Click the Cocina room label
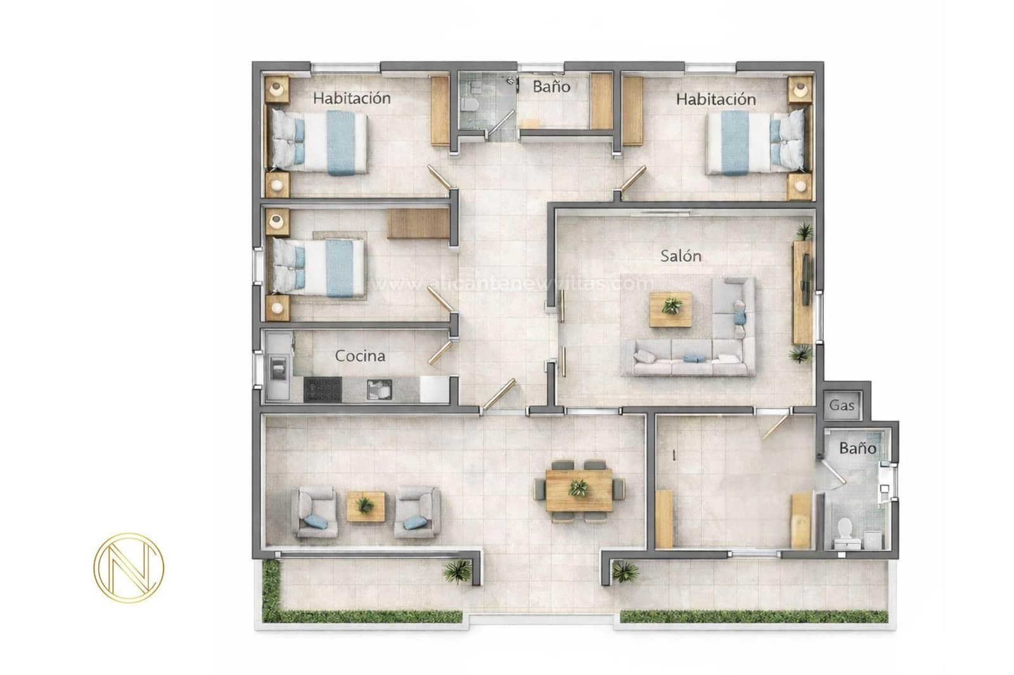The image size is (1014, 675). point(360,356)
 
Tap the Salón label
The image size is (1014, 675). point(681,256)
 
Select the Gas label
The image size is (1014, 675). point(842,405)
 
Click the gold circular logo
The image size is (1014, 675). point(129,565)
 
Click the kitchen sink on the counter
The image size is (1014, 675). point(379,389)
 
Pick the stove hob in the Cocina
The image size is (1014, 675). point(323,389)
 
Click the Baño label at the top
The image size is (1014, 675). point(551,87)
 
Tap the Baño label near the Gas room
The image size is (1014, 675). point(857,448)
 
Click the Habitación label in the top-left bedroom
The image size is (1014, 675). point(352,98)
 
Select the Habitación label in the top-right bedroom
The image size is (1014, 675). point(716,99)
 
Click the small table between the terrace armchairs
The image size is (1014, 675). point(365,507)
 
